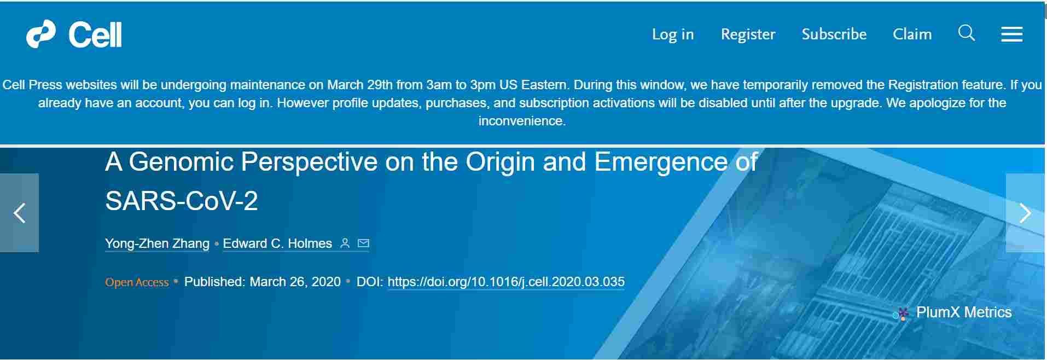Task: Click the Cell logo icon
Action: [x=41, y=34]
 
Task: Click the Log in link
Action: [x=672, y=34]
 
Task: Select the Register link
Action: [x=748, y=34]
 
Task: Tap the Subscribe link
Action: [x=834, y=34]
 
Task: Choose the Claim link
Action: [x=912, y=34]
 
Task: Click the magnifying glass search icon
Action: [x=967, y=33]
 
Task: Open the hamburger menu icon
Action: [x=1011, y=34]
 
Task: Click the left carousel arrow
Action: [x=20, y=213]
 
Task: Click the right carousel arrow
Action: [x=1025, y=213]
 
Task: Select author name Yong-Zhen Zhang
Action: [x=157, y=243]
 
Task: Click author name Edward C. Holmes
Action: [x=277, y=243]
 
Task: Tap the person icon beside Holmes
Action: [x=345, y=243]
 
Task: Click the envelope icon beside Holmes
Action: [x=363, y=243]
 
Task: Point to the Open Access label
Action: [x=137, y=282]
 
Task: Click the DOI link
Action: [x=506, y=282]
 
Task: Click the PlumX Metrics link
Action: [x=964, y=312]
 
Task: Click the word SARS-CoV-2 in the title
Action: [x=182, y=201]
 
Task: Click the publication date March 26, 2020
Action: [x=295, y=282]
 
